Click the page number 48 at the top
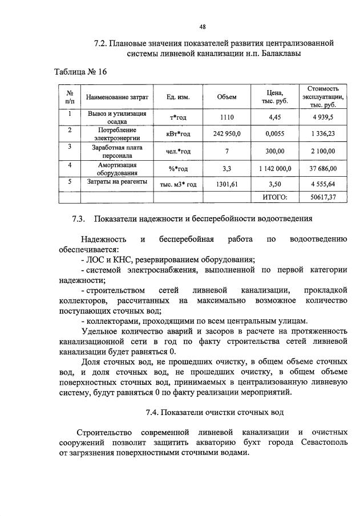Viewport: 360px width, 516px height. coord(203,26)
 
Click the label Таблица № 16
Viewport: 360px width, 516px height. coord(80,72)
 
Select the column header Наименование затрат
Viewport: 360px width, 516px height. coord(117,97)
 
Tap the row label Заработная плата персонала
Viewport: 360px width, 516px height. coord(117,151)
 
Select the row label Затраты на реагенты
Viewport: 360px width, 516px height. coord(117,182)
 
